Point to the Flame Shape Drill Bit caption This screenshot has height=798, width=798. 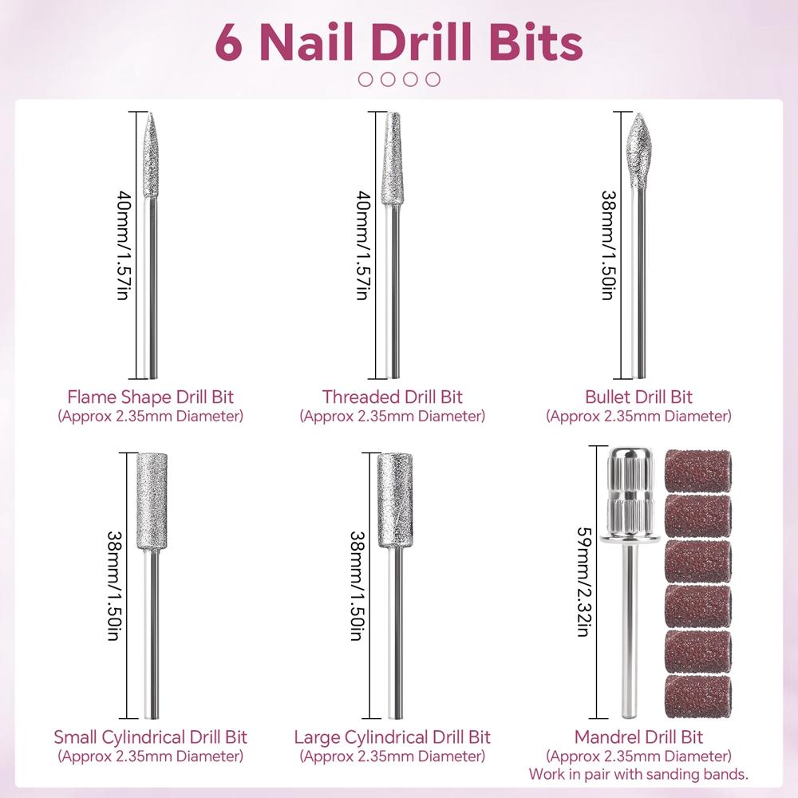[x=151, y=397]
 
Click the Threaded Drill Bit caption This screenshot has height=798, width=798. [x=392, y=397]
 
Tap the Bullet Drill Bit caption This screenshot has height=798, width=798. [x=638, y=397]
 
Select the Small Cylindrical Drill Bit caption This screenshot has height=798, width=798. [x=151, y=737]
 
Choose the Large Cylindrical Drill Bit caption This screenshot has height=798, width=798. [x=392, y=737]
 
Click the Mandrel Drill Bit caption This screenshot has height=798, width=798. [x=638, y=737]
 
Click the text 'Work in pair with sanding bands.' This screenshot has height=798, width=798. [x=638, y=774]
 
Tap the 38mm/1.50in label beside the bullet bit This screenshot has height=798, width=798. [x=607, y=244]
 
